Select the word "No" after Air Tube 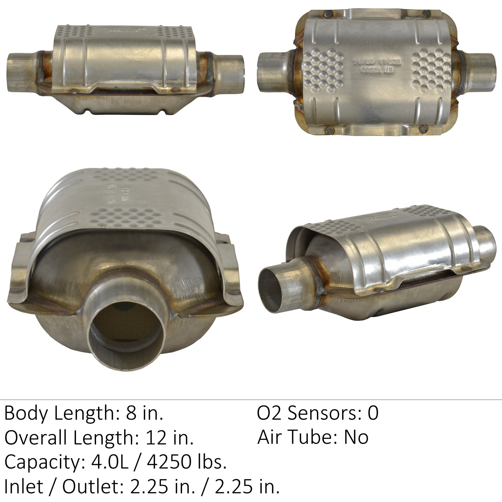(356, 438)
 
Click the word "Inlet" (23, 487)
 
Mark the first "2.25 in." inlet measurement (163, 487)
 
